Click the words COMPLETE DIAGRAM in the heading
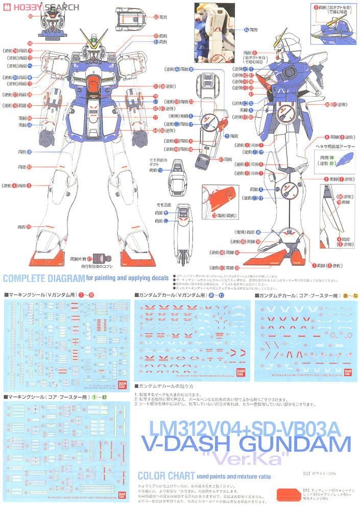43,279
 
